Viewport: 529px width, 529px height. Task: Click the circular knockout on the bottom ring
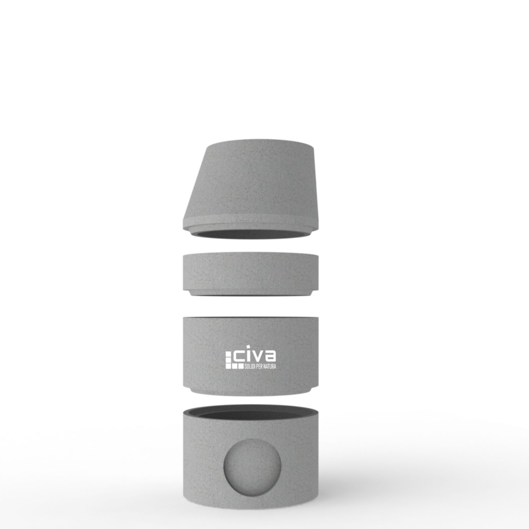[x=252, y=467]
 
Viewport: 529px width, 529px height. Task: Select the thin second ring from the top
[x=251, y=274]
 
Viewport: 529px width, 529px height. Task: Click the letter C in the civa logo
[x=240, y=356]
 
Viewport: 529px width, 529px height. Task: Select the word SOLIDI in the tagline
[x=250, y=366]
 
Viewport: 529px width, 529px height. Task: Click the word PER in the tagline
[x=259, y=366]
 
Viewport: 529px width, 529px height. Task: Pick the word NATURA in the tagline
[x=270, y=366]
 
